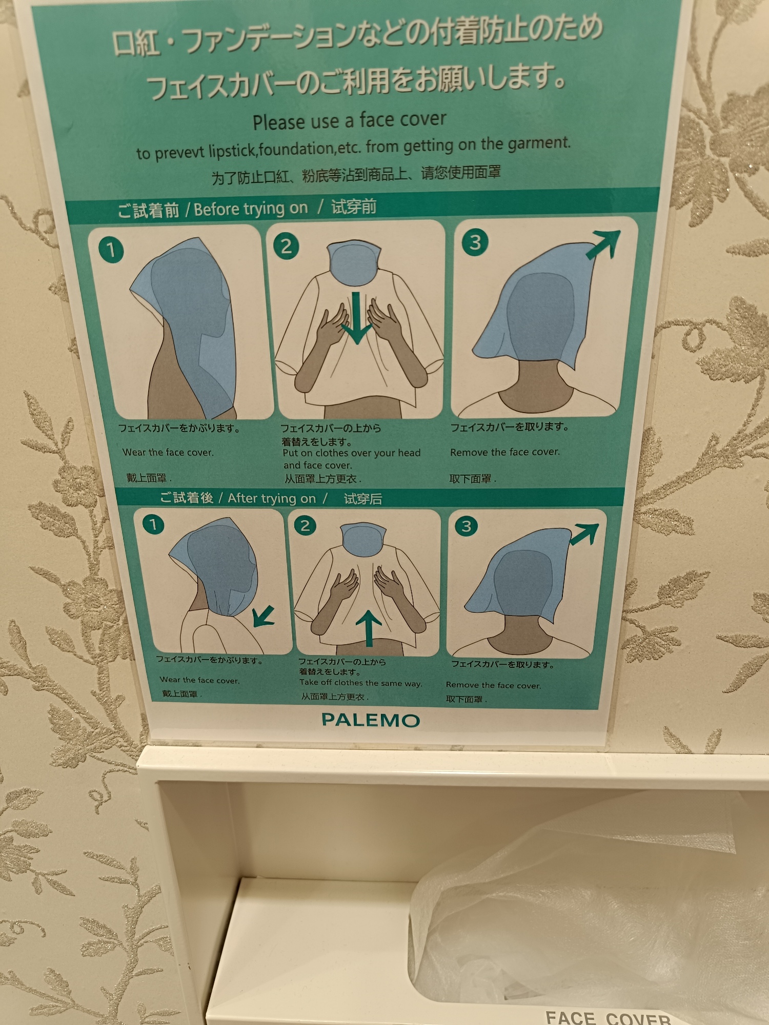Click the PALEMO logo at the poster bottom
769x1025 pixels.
pyautogui.click(x=371, y=720)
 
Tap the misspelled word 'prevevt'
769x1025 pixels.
pyautogui.click(x=179, y=153)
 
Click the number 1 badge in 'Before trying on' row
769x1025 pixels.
pyautogui.click(x=111, y=250)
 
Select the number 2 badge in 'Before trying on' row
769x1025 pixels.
pyautogui.click(x=286, y=246)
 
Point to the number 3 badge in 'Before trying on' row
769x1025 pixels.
pyautogui.click(x=475, y=242)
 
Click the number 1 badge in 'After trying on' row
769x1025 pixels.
pyautogui.click(x=153, y=524)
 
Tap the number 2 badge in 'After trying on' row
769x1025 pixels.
pyautogui.click(x=305, y=525)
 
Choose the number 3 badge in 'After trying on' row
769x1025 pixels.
pyautogui.click(x=466, y=526)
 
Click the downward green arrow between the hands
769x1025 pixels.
pyautogui.click(x=356, y=318)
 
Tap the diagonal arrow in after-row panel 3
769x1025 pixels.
pyautogui.click(x=584, y=534)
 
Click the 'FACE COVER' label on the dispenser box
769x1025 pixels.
pyautogui.click(x=608, y=1017)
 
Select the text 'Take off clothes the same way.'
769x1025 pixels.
pyautogui.click(x=361, y=683)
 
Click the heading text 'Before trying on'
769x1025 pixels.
pyautogui.click(x=251, y=209)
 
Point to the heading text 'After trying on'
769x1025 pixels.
pyautogui.click(x=272, y=498)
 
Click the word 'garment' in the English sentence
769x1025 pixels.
pyautogui.click(x=539, y=143)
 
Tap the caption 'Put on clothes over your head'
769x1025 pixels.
pyautogui.click(x=351, y=453)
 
